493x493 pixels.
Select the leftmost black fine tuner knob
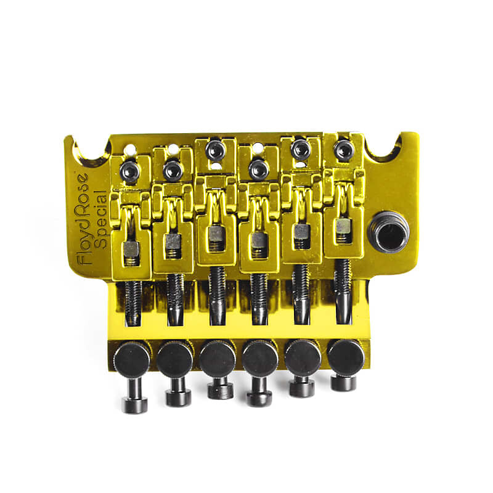pyautogui.click(x=132, y=359)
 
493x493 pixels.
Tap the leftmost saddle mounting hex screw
pyautogui.click(x=130, y=171)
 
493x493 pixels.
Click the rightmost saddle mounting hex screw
pyautogui.click(x=343, y=150)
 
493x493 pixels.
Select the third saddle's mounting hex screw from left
pyautogui.click(x=215, y=149)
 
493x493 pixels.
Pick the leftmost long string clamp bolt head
pyautogui.click(x=134, y=404)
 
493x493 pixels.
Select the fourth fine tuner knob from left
pyautogui.click(x=259, y=358)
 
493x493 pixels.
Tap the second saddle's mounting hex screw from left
pyautogui.click(x=173, y=170)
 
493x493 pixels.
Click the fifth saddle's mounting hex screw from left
pyautogui.click(x=300, y=149)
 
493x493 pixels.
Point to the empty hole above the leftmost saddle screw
pyautogui.click(x=130, y=149)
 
